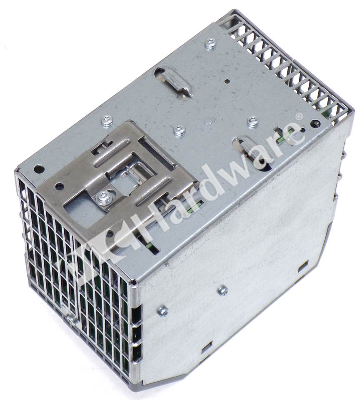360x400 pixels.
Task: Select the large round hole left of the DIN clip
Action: (38, 168)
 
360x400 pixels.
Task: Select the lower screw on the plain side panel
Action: (163, 311)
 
